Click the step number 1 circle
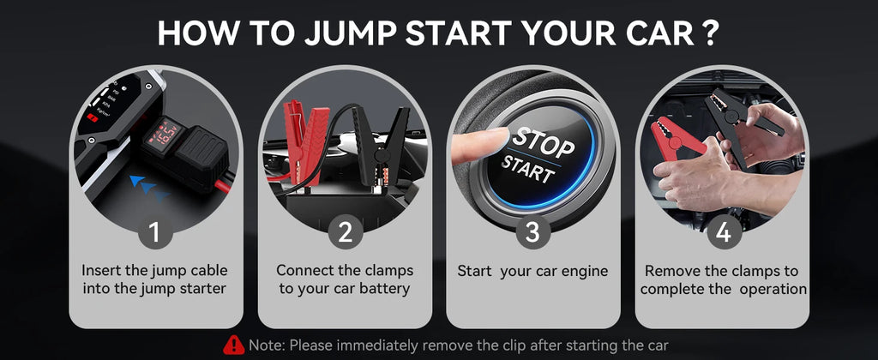(x=154, y=231)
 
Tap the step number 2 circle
(x=343, y=231)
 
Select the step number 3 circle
(x=532, y=231)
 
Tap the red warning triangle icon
(x=233, y=345)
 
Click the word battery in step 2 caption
(x=381, y=289)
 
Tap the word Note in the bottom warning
(x=266, y=345)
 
